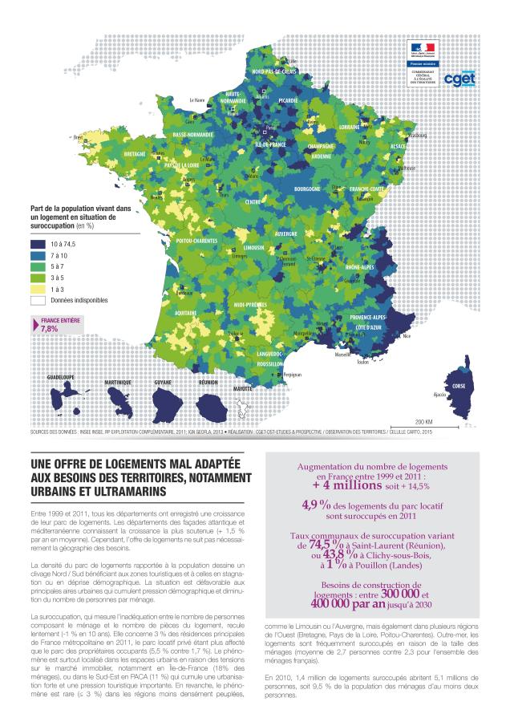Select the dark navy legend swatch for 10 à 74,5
click(38, 243)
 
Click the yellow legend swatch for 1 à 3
click(38, 288)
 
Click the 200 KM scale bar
click(423, 428)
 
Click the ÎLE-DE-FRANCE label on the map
click(270, 144)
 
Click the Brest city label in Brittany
click(79, 137)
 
